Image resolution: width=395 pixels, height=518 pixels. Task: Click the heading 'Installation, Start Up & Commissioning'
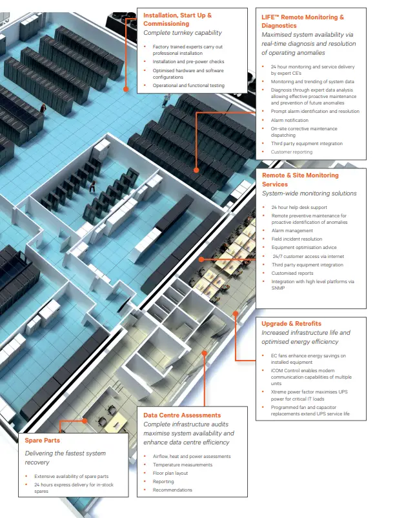(177, 19)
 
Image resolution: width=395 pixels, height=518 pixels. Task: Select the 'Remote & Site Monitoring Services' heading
(300, 179)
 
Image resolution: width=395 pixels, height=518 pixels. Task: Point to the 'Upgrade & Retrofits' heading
(291, 323)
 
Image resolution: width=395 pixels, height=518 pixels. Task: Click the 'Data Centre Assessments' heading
(182, 415)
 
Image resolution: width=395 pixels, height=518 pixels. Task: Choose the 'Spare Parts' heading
(43, 440)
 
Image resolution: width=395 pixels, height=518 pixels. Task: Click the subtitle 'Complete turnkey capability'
(183, 32)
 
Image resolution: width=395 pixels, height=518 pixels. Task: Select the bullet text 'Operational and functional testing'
(188, 85)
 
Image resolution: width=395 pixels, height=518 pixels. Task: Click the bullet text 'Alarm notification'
(290, 120)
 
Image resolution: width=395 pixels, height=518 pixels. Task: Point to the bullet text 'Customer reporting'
(292, 152)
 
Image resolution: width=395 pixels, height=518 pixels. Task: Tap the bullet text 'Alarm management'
(292, 230)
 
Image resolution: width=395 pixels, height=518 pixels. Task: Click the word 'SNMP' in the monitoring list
(279, 288)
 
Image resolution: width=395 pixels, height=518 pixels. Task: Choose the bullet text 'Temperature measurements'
(183, 464)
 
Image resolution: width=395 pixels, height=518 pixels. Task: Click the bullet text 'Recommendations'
(172, 490)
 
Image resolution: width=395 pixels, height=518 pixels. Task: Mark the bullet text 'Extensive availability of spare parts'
(72, 476)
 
